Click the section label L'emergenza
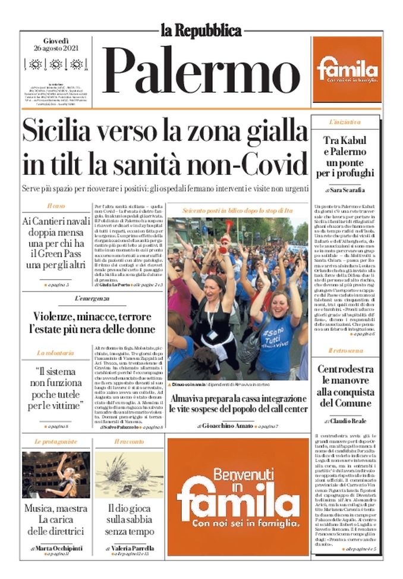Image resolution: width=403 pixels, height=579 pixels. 92,298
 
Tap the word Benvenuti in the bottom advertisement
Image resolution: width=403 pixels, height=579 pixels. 238,476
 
